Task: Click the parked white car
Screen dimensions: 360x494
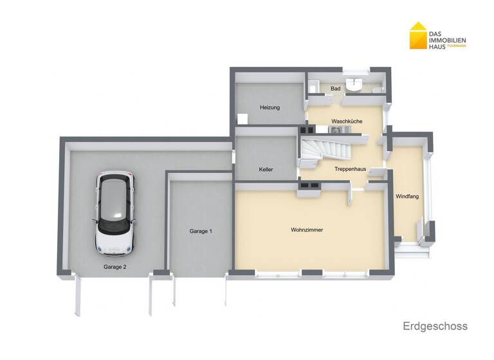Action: (x=114, y=212)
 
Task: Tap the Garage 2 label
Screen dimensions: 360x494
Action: (x=115, y=266)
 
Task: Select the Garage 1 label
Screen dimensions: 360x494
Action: (x=201, y=231)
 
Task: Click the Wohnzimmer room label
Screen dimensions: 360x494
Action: (x=307, y=230)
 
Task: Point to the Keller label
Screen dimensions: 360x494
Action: (x=266, y=170)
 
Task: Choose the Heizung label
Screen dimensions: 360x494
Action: (x=270, y=107)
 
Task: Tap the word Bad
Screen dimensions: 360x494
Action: (x=335, y=88)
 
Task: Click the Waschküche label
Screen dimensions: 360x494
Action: (x=347, y=121)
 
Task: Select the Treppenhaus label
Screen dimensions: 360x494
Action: (x=351, y=169)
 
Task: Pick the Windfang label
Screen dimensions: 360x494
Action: (x=407, y=196)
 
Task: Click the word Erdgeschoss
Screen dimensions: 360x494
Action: (x=435, y=326)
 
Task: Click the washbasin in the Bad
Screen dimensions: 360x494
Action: (x=354, y=84)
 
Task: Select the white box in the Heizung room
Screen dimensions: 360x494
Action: (x=242, y=119)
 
